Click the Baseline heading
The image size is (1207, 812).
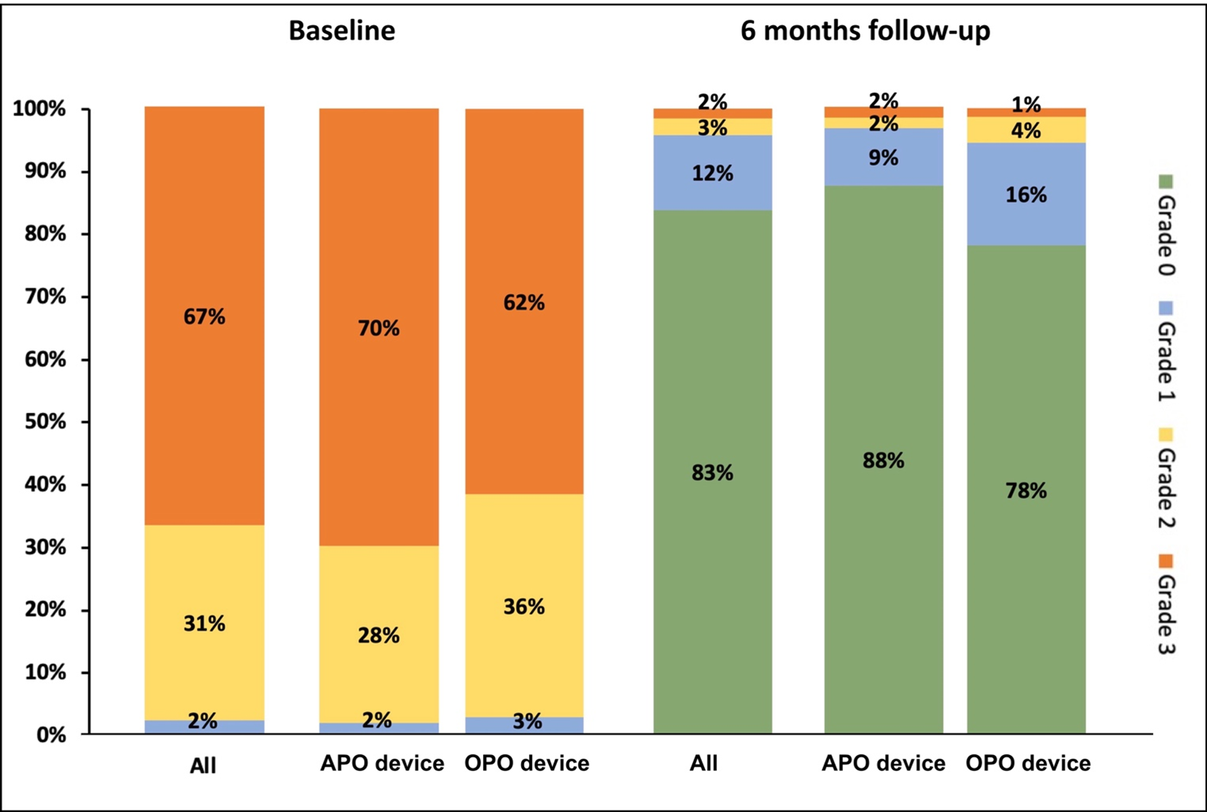342,31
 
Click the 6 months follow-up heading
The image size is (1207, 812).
865,31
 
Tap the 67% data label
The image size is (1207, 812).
205,317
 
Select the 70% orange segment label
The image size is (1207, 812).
378,328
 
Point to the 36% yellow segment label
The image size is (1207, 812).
524,607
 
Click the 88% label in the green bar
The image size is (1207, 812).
883,461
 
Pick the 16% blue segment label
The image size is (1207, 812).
1026,195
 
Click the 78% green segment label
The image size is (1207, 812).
1026,492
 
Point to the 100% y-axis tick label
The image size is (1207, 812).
40,109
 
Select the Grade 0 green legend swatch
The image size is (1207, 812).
1166,182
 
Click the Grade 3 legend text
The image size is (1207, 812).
1166,615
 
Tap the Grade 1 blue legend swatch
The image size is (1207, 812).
1166,308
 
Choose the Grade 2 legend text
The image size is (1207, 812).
1166,488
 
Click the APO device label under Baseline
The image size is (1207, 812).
382,764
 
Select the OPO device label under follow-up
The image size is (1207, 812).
1028,764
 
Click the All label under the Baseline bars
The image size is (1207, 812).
203,766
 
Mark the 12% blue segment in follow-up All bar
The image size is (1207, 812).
712,174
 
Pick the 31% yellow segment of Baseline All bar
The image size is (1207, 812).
205,624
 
